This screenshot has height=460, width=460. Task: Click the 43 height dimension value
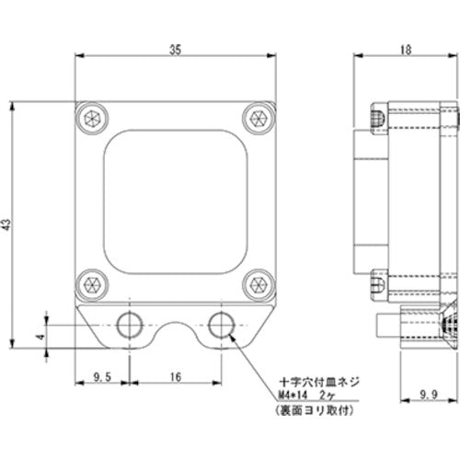[7, 224]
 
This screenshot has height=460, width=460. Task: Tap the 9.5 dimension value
[102, 377]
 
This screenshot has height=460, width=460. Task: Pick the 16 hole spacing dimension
[175, 377]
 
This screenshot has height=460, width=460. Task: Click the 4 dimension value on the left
[39, 338]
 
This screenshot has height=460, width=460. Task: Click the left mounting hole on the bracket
[130, 325]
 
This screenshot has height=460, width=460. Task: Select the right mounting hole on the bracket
[220, 325]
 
